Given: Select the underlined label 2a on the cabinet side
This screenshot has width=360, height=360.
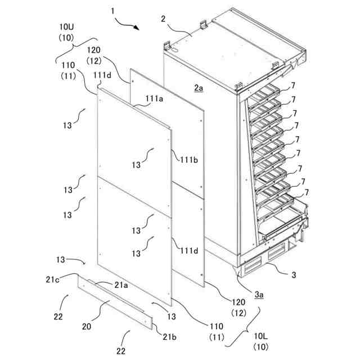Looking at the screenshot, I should [199, 87].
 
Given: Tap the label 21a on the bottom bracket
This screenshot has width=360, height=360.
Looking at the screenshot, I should [121, 285].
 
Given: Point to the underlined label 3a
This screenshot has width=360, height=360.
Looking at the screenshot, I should [259, 294].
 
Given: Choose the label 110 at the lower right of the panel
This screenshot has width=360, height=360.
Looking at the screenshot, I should [215, 326].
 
